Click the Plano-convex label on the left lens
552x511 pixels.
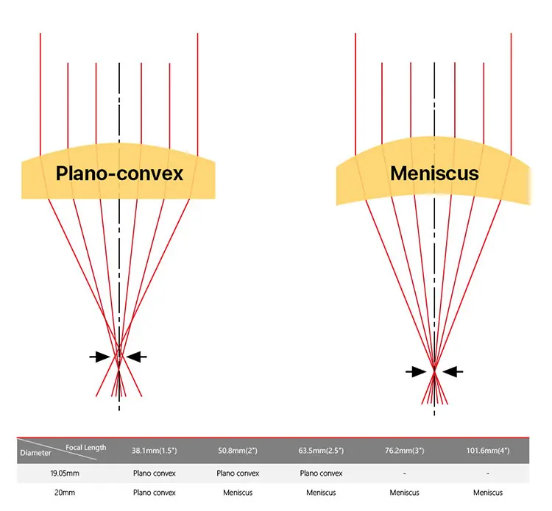tap(119, 174)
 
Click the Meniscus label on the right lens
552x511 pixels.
tap(434, 174)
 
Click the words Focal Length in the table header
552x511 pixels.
tap(86, 447)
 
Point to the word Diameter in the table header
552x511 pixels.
tap(35, 453)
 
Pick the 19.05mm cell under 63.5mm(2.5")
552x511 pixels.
tap(321, 473)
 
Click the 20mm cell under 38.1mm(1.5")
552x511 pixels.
tap(154, 492)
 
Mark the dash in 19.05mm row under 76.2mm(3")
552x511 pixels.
tap(404, 473)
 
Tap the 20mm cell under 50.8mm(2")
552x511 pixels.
tap(238, 492)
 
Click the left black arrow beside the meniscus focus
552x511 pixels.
tap(416, 371)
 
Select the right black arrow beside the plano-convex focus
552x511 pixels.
tap(137, 357)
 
